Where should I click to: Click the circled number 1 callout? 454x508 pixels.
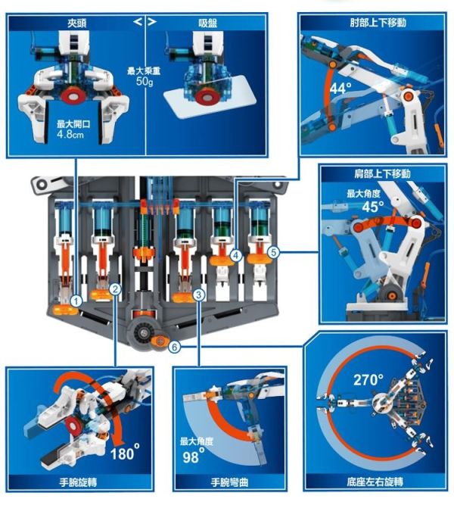click(x=76, y=301)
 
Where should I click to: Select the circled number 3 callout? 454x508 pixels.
click(x=198, y=295)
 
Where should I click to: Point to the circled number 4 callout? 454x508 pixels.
click(x=236, y=256)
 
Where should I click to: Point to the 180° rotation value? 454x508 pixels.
click(x=125, y=453)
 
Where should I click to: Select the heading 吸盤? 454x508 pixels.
click(x=205, y=24)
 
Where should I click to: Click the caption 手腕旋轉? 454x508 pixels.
click(x=75, y=481)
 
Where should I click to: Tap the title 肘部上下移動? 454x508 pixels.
click(x=375, y=23)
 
